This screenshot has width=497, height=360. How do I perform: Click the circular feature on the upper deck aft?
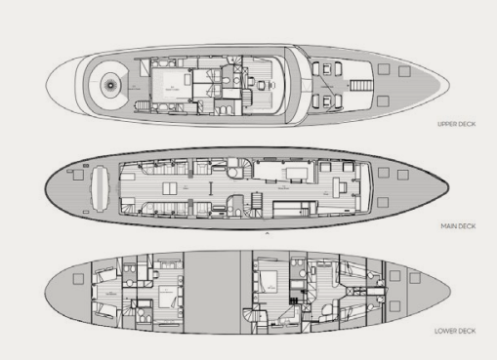109,83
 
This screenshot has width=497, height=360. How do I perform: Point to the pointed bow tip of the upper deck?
431,75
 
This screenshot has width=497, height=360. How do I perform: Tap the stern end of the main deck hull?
47,184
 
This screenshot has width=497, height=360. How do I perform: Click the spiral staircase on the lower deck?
258,314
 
